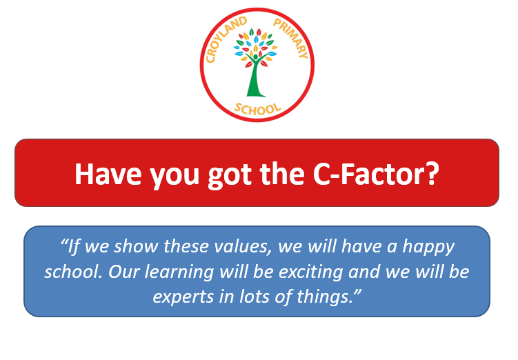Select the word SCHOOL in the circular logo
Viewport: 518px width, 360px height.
tap(258, 110)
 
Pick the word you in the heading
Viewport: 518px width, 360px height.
tap(175, 177)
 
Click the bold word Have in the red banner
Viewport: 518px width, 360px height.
tap(108, 174)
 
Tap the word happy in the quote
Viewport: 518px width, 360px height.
tap(429, 248)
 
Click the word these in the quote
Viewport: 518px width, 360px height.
tap(186, 247)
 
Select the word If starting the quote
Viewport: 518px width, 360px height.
tap(72, 247)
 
